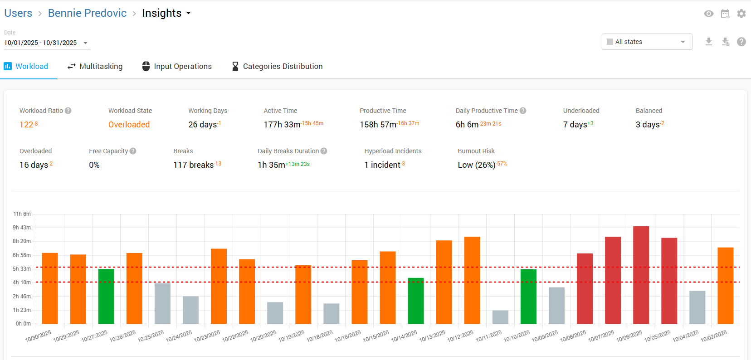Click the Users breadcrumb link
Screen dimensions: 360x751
(x=18, y=13)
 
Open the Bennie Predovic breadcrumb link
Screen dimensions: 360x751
(x=87, y=13)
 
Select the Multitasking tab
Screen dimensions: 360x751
(x=95, y=66)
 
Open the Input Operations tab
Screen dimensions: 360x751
(x=177, y=66)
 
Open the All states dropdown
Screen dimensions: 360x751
(x=647, y=42)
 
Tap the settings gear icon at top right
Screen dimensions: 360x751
(x=741, y=14)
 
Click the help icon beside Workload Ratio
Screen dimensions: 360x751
(x=68, y=111)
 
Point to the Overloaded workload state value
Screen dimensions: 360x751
(x=129, y=125)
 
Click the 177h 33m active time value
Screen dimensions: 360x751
(x=282, y=125)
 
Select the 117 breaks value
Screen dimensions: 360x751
(x=194, y=165)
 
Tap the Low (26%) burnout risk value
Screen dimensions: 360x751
(x=477, y=165)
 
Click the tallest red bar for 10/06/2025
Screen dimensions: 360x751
(x=641, y=275)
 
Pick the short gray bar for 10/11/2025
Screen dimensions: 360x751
(x=500, y=317)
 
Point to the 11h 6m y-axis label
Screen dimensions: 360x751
(x=22, y=214)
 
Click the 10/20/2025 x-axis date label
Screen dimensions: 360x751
(x=263, y=336)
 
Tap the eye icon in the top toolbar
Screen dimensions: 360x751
(x=709, y=14)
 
